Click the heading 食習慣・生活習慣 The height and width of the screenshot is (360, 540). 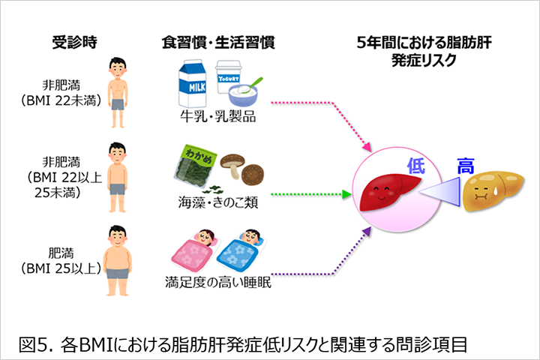click(x=217, y=42)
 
